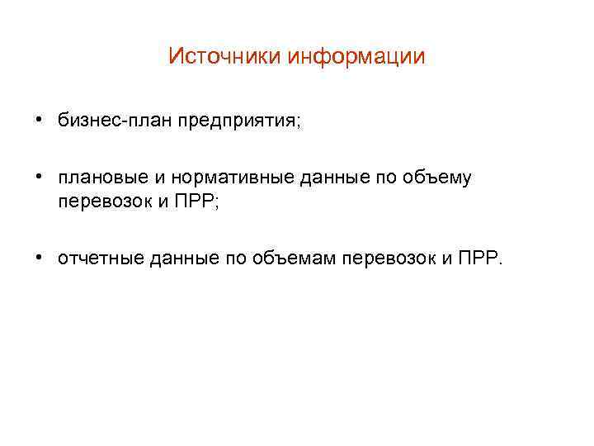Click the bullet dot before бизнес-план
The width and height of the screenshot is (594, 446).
(x=40, y=121)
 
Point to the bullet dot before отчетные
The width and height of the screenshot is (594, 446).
(x=40, y=259)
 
